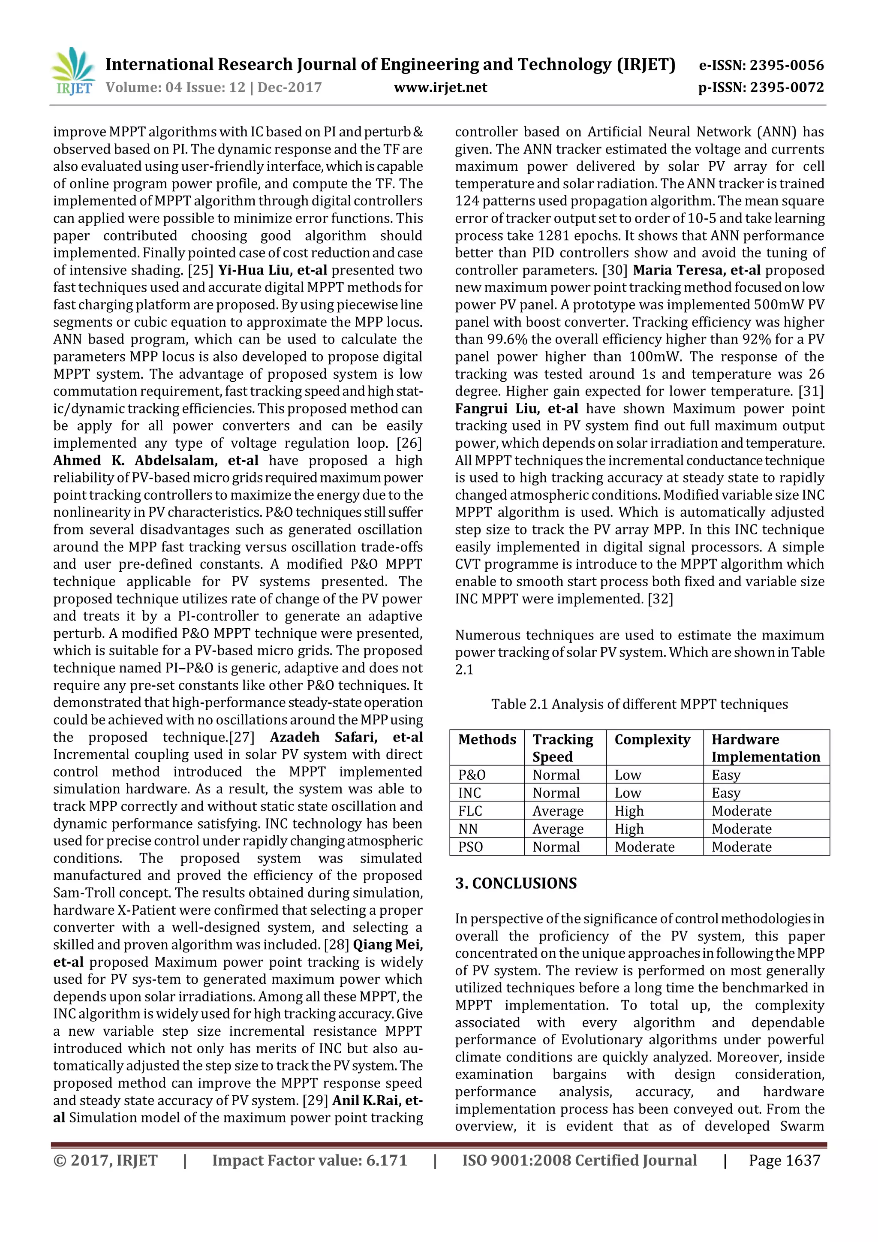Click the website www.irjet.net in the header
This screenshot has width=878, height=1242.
[440, 87]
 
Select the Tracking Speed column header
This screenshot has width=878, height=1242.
[562, 748]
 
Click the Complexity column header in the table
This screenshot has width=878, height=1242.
[652, 739]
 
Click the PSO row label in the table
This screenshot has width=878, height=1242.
[470, 847]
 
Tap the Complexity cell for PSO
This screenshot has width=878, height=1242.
[644, 847]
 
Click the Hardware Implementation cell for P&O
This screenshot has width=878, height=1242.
[725, 775]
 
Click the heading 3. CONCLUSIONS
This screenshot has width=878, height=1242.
[516, 883]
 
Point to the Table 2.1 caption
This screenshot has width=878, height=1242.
[639, 704]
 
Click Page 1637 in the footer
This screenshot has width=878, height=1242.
[784, 1161]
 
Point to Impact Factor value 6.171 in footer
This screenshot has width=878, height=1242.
[309, 1161]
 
